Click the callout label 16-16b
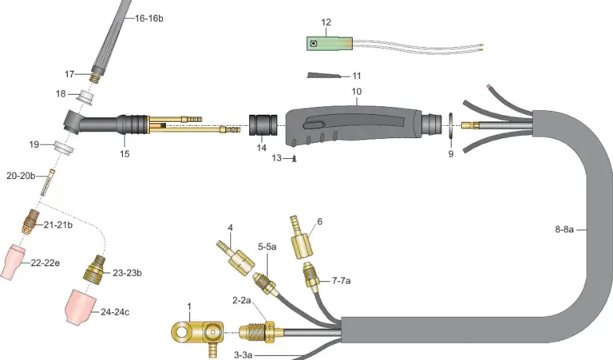pos(149,18)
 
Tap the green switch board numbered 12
pos(329,43)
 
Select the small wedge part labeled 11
pos(323,75)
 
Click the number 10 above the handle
pos(357,92)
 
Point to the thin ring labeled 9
pos(450,125)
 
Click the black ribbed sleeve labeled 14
pos(263,125)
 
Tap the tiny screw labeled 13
pos(295,158)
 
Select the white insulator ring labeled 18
pos(87,97)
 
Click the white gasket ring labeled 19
pos(64,148)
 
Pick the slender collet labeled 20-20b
pos(48,182)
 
